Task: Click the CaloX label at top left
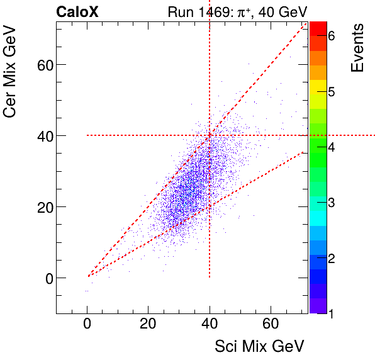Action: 77,11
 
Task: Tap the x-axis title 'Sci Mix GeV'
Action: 260,346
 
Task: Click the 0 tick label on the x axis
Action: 87,323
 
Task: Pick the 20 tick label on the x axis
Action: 148,323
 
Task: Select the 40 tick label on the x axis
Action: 210,323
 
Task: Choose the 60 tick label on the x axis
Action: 271,323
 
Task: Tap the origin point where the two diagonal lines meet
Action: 88,276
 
